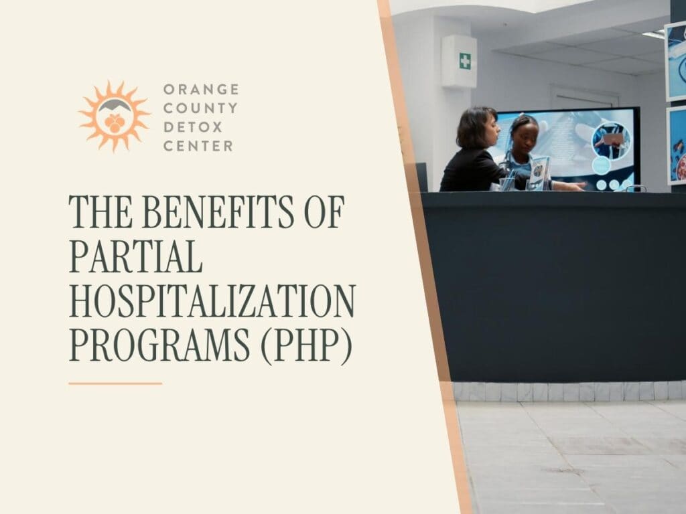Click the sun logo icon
114,116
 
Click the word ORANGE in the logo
201,89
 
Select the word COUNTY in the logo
200,108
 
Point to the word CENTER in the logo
198,146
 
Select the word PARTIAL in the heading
135,256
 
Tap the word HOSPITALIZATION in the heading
212,301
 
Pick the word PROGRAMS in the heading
159,345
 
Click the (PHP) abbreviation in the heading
306,345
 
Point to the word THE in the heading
100,211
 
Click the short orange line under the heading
115,383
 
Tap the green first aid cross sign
465,61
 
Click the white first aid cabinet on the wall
459,61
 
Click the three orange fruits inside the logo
114,123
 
